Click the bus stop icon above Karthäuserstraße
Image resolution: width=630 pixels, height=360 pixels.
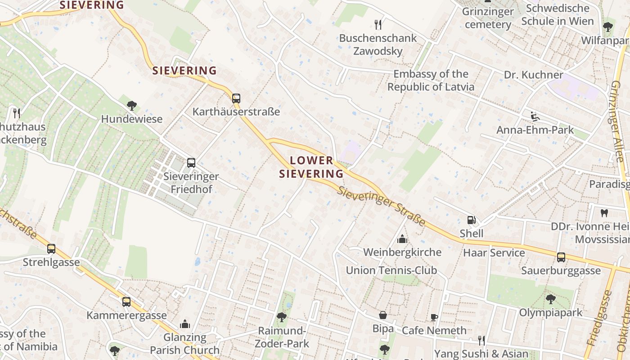tap(236, 98)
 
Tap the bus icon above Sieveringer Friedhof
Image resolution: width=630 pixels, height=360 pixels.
tap(191, 163)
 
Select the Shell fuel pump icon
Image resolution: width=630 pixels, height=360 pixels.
tap(471, 220)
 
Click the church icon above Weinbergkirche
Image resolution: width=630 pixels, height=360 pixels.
tap(402, 238)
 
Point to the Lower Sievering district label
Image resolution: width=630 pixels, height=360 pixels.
tap(311, 167)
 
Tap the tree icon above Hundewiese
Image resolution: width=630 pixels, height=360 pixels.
tap(132, 106)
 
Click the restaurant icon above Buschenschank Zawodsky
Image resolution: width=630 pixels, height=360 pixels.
tap(378, 24)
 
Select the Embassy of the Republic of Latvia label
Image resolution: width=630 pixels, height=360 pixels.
tap(431, 81)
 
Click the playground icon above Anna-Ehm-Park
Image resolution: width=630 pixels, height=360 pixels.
tap(535, 117)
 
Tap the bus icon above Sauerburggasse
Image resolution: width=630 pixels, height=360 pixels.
tap(561, 257)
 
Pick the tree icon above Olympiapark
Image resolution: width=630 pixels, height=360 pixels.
tap(551, 299)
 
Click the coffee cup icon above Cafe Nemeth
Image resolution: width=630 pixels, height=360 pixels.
tap(434, 317)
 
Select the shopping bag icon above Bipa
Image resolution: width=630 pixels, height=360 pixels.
tap(383, 315)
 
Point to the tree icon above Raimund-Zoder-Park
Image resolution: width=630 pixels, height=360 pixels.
tap(282, 317)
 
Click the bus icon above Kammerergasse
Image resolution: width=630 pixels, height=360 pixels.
tap(126, 302)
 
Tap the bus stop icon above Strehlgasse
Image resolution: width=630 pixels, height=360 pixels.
tap(51, 249)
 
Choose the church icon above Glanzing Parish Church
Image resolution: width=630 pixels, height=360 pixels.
tap(185, 324)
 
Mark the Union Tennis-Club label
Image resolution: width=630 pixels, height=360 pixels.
tap(391, 270)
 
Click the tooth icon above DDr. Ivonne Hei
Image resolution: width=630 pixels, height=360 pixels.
tap(604, 212)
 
